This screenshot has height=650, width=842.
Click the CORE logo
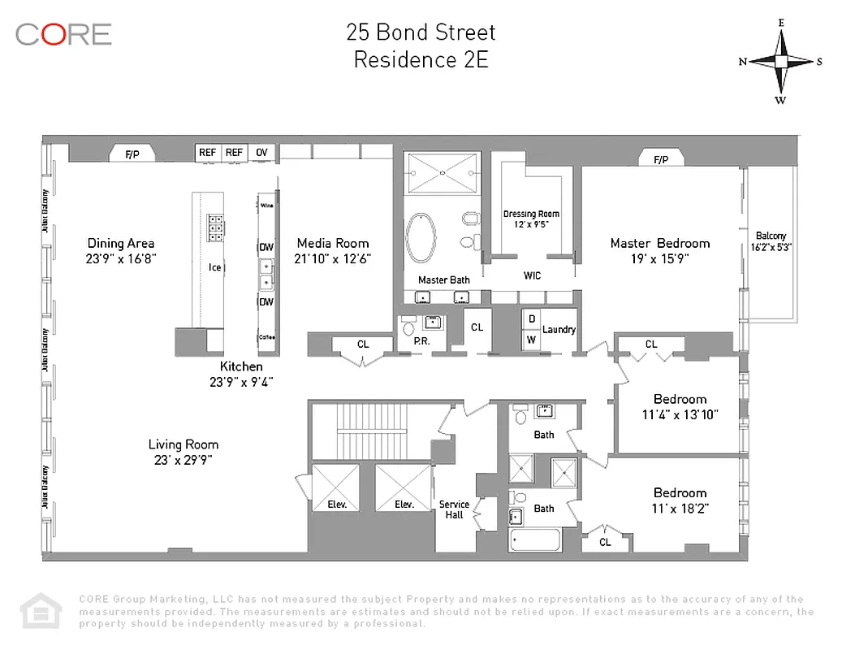pos(63,34)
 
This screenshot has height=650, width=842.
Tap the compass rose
pos(780,62)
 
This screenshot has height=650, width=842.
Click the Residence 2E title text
pos(421,60)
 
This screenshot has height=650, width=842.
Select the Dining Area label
pos(121,243)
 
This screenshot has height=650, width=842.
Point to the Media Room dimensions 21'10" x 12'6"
pos(333,258)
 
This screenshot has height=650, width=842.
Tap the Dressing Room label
pos(531,214)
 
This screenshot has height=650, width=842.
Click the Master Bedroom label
pos(659,243)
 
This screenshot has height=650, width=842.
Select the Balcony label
pos(771,236)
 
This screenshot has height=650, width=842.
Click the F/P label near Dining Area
pos(132,154)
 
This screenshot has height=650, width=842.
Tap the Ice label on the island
pos(215,267)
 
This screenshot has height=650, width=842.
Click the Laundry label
pos(559,330)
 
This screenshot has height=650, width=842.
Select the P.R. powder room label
pos(421,342)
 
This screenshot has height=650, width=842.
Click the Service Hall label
pos(454,509)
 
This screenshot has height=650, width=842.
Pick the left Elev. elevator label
pos(337,505)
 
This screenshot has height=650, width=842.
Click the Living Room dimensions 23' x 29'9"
pos(183,460)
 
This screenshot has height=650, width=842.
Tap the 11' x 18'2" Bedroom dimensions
pos(680,508)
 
